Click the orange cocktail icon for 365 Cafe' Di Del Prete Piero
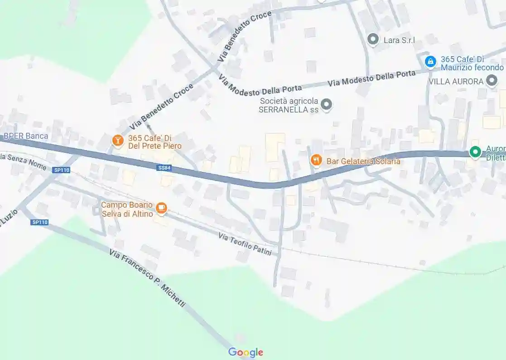pos(118,141)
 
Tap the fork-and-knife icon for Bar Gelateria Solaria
pos(316,160)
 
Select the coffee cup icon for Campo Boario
pos(161,208)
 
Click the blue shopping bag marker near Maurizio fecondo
pos(430,61)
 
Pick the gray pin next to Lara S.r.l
pos(373,39)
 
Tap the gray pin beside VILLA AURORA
pos(492,81)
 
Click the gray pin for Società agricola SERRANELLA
pos(327,105)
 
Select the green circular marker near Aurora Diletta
pos(475,152)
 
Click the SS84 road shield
pos(164,168)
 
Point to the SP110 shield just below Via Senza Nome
pos(61,170)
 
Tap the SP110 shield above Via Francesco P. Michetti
pos(40,222)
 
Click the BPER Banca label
pos(26,136)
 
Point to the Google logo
pos(246,352)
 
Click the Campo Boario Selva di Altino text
pos(127,209)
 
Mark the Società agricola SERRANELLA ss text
pos(289,105)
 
